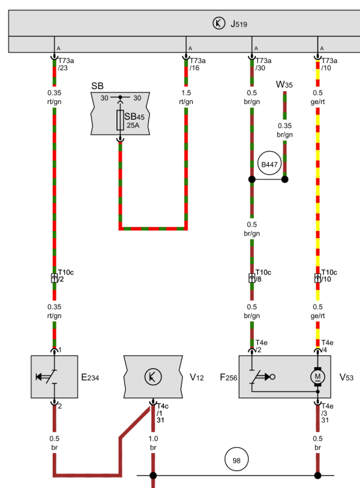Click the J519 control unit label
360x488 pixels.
pyautogui.click(x=239, y=24)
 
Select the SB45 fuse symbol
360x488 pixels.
pyautogui.click(x=120, y=120)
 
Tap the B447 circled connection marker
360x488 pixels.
pyautogui.click(x=270, y=165)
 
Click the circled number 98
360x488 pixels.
pyautogui.click(x=237, y=460)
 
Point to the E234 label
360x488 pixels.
pyautogui.click(x=90, y=377)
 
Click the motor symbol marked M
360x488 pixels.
pyautogui.click(x=317, y=377)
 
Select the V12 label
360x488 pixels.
pyautogui.click(x=197, y=377)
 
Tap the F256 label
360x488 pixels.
pyautogui.click(x=228, y=377)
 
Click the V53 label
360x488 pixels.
pyautogui.click(x=346, y=377)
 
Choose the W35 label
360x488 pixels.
pyautogui.click(x=284, y=85)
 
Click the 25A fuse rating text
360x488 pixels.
pyautogui.click(x=133, y=126)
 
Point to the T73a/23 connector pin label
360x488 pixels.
pyautogui.click(x=66, y=64)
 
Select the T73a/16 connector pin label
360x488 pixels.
pyautogui.click(x=197, y=64)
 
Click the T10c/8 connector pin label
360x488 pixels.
pyautogui.click(x=263, y=276)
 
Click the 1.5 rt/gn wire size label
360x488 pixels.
pyautogui.click(x=186, y=97)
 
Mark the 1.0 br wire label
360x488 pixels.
pyautogui.click(x=153, y=443)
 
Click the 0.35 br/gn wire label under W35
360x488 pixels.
pyautogui.click(x=284, y=130)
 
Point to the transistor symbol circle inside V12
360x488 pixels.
pyautogui.click(x=153, y=377)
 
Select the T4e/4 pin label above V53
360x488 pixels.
pyautogui.click(x=327, y=346)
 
